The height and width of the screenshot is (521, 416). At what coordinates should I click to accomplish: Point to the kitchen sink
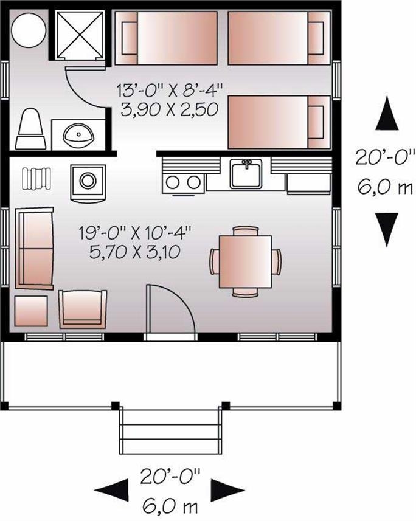coord(246,174)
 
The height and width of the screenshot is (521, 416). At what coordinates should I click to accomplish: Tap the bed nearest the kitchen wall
coord(277,123)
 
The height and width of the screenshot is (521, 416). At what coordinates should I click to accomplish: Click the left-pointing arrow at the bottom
coord(113,488)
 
